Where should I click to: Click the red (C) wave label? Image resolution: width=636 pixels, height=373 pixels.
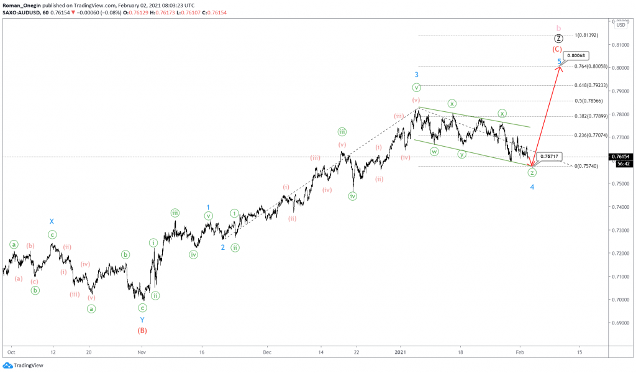click(558, 48)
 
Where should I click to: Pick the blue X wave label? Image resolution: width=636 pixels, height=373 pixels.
click(52, 221)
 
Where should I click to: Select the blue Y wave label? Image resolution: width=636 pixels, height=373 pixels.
click(142, 320)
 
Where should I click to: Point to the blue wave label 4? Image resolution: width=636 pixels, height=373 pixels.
click(532, 186)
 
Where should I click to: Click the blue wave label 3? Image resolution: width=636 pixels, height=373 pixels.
click(417, 75)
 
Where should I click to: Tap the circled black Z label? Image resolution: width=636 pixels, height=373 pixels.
click(558, 39)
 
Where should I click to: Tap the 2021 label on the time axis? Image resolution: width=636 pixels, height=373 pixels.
click(401, 351)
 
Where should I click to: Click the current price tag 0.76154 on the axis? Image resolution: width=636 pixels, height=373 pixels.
click(624, 157)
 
